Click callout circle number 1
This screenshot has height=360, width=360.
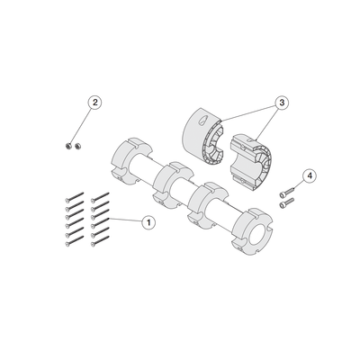coord(148,222)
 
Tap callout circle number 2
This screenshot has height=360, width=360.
coord(94,103)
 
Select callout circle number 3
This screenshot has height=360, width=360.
coord(282,103)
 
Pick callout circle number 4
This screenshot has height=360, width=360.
coord(310,175)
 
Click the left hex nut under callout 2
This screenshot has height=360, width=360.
coord(68,147)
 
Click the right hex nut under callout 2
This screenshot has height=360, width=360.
coord(78,147)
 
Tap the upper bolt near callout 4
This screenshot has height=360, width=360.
coord(287,192)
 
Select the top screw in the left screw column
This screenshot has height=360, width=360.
coord(74,196)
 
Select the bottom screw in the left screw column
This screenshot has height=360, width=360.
coord(74,241)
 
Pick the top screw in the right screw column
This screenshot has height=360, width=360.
coord(100,196)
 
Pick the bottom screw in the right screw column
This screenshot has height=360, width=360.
coord(100,241)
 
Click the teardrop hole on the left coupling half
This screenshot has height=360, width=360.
coord(203,119)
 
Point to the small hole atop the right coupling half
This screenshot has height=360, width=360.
coord(249,140)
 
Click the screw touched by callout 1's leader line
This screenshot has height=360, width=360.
coord(100,223)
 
